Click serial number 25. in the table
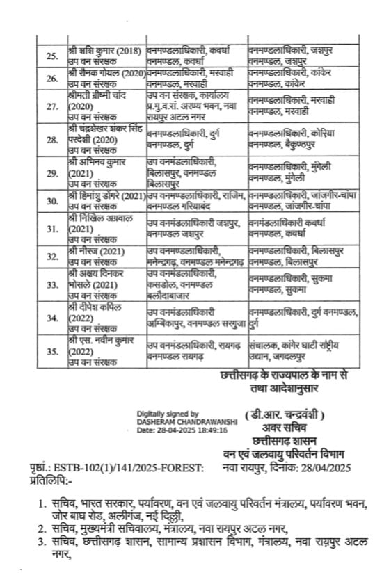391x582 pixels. [x=51, y=56]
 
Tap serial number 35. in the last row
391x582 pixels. [x=51, y=351]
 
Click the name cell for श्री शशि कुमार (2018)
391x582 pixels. [x=105, y=56]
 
